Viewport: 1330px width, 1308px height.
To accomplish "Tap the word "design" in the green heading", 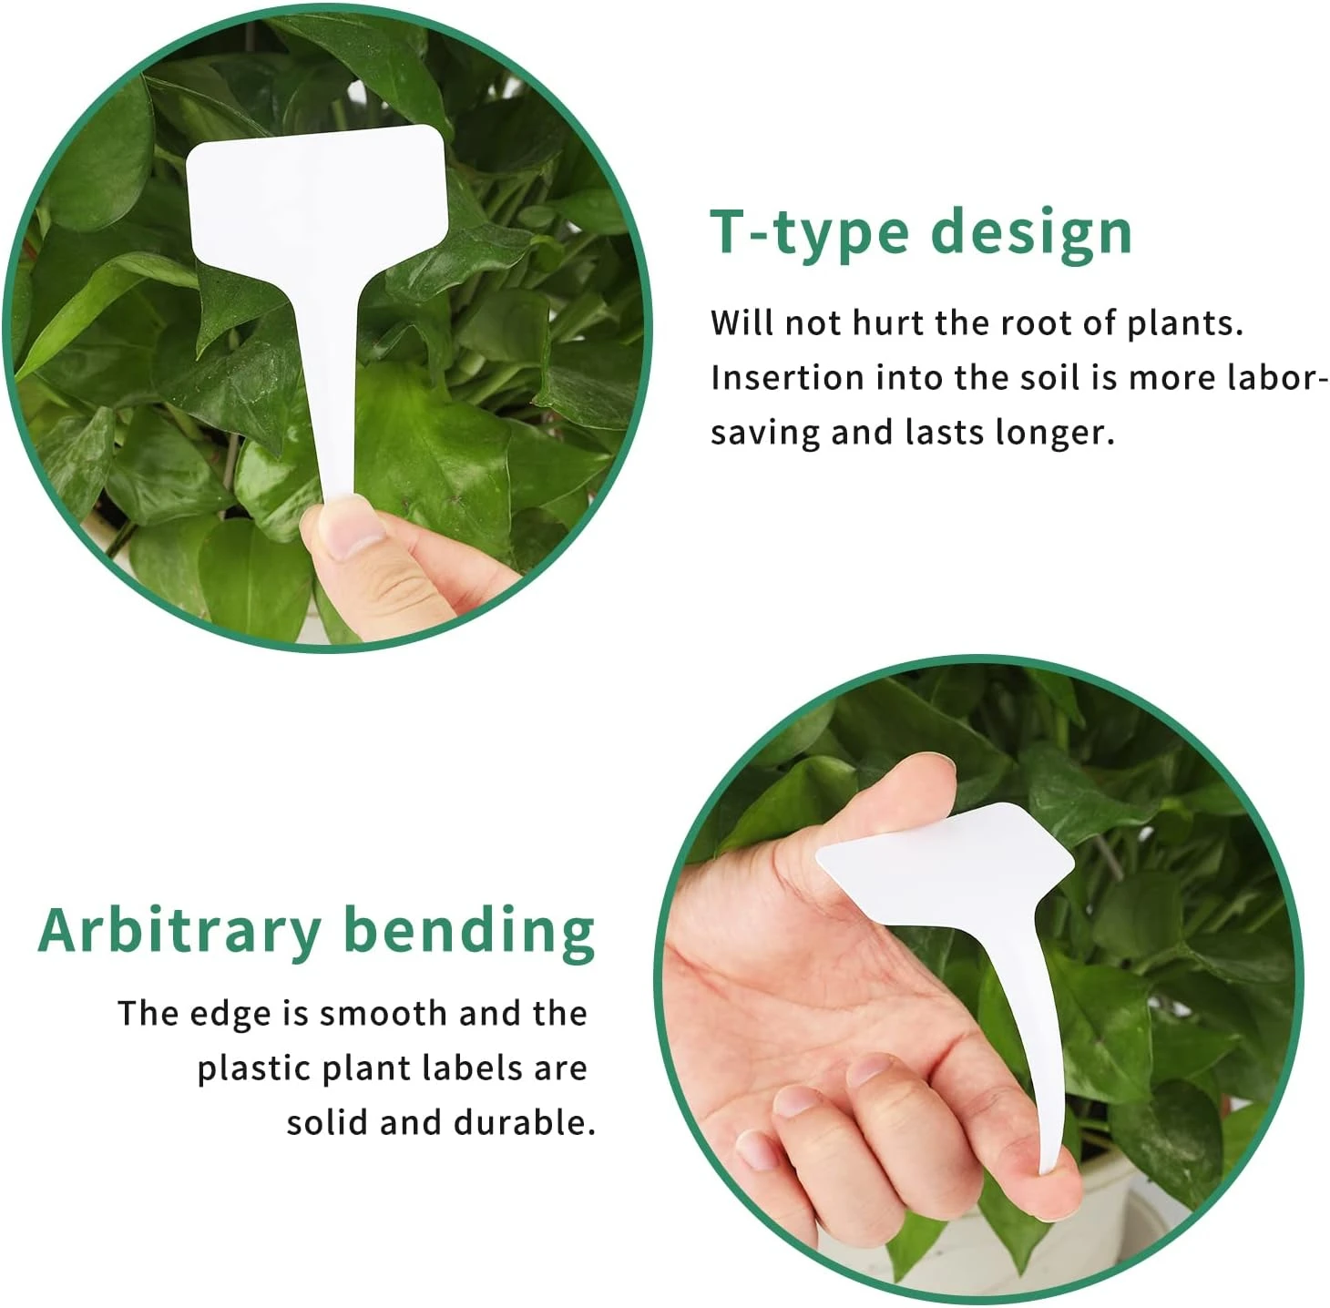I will (1032, 233).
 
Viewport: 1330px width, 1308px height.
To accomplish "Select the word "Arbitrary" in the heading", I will (179, 932).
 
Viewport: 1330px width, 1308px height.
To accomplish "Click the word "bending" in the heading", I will (469, 932).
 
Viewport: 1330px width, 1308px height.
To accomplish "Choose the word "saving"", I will (765, 433).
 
